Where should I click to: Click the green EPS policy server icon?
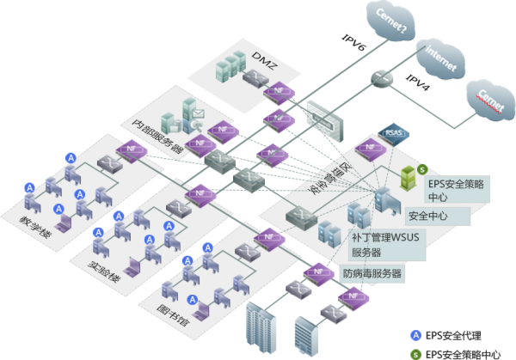pyautogui.click(x=410, y=177)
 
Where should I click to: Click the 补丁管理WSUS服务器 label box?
pyautogui.click(x=386, y=243)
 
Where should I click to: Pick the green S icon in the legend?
pyautogui.click(x=416, y=353)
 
